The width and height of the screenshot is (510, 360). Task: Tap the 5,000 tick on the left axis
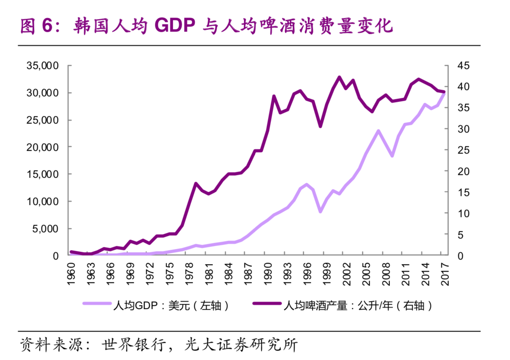(45, 229)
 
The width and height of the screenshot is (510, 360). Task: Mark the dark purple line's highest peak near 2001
(339, 77)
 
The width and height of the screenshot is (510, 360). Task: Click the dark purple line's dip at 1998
(320, 126)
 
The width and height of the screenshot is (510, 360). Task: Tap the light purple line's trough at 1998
(320, 212)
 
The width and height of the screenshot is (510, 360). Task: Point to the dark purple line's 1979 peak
(196, 183)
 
